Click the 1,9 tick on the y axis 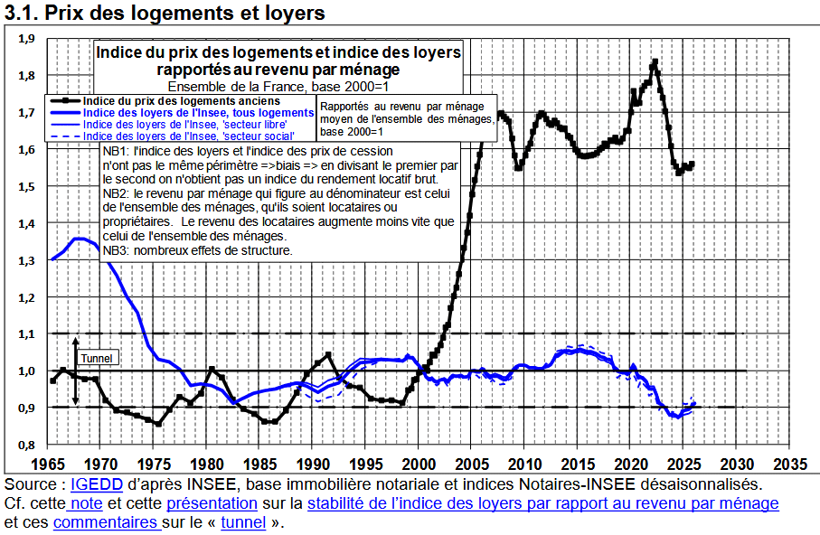[26, 39]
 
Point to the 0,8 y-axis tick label [26, 445]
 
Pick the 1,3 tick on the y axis [26, 260]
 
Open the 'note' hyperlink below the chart [85, 503]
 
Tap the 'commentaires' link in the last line [105, 522]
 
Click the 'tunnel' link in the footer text [242, 522]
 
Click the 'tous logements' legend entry [198, 112]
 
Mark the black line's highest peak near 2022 [655, 61]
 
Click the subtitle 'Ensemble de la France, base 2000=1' [279, 86]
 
